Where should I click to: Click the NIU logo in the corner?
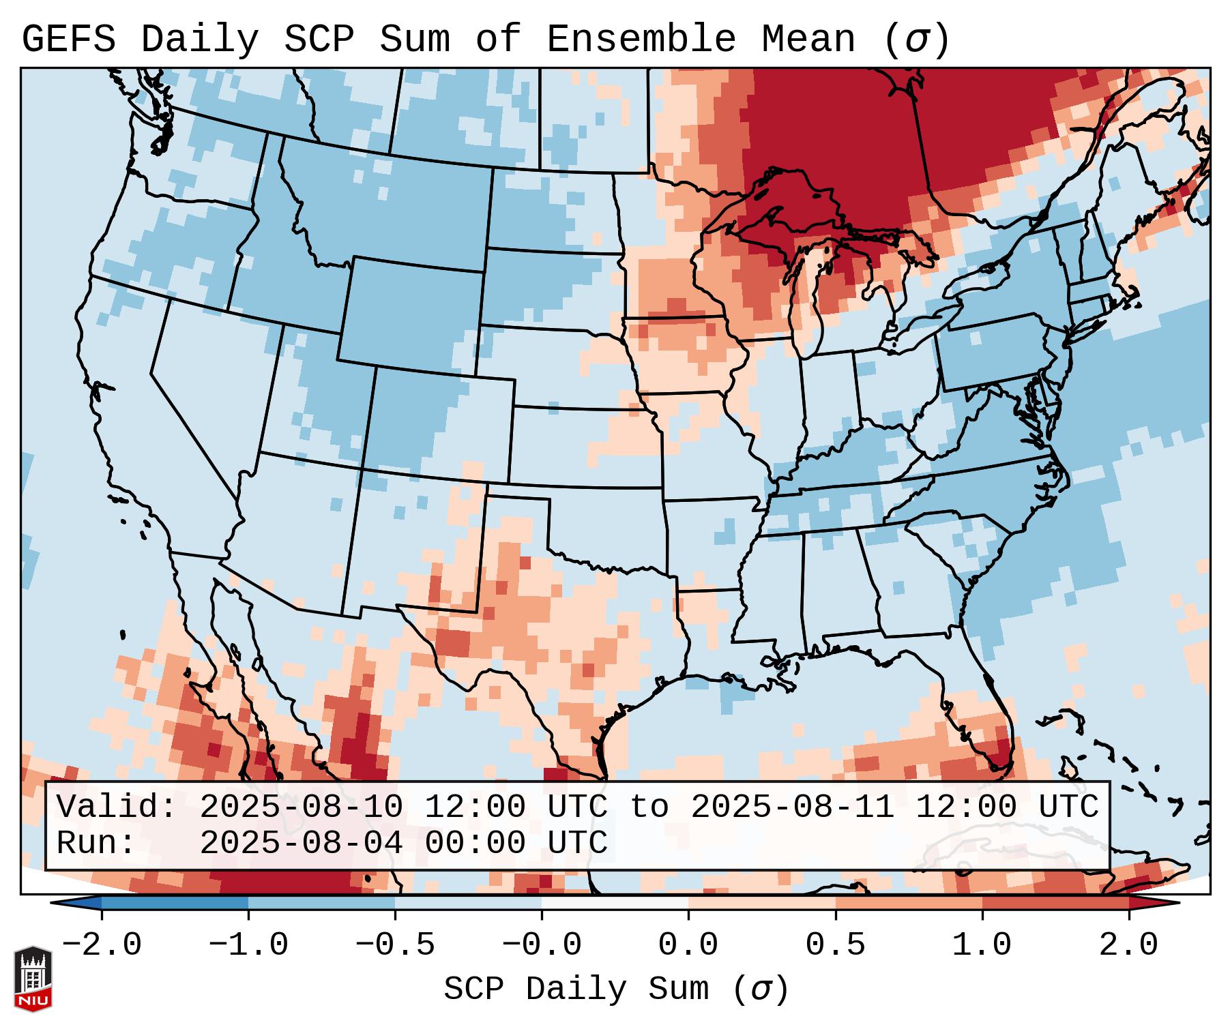tap(33, 978)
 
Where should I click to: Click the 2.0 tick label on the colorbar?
tap(1128, 944)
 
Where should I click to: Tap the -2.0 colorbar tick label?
tap(102, 944)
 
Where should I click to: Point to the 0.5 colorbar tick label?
tap(835, 944)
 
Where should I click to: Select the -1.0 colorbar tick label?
tap(248, 944)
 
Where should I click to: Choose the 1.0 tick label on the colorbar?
tap(982, 944)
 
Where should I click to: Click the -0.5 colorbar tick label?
tap(395, 944)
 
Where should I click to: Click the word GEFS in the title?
tap(68, 40)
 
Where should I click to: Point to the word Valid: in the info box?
tap(117, 807)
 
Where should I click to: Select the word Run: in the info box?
tap(96, 843)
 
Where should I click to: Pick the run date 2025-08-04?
tap(301, 843)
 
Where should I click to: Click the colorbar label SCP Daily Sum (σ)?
tap(615, 989)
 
